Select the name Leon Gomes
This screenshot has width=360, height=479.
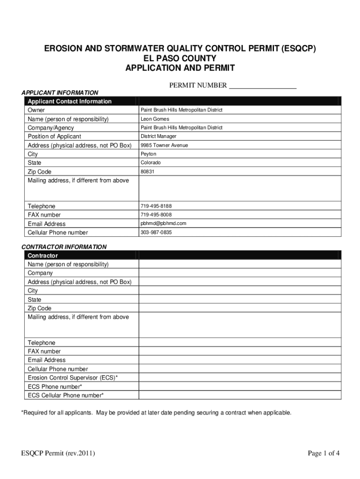(x=155, y=119)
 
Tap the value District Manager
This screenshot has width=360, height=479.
(x=158, y=137)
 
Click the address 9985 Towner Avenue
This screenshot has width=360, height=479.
(x=164, y=145)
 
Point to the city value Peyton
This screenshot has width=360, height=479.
(x=148, y=154)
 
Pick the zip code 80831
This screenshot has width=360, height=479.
(x=148, y=172)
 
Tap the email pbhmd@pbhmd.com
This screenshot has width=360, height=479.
(x=163, y=224)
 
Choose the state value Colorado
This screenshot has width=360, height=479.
(x=151, y=163)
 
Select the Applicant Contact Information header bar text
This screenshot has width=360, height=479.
(x=70, y=102)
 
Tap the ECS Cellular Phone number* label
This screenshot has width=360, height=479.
(x=65, y=396)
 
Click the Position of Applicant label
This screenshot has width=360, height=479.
(x=54, y=137)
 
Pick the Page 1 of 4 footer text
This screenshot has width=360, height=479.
(x=323, y=453)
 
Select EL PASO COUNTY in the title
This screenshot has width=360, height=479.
(x=180, y=58)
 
